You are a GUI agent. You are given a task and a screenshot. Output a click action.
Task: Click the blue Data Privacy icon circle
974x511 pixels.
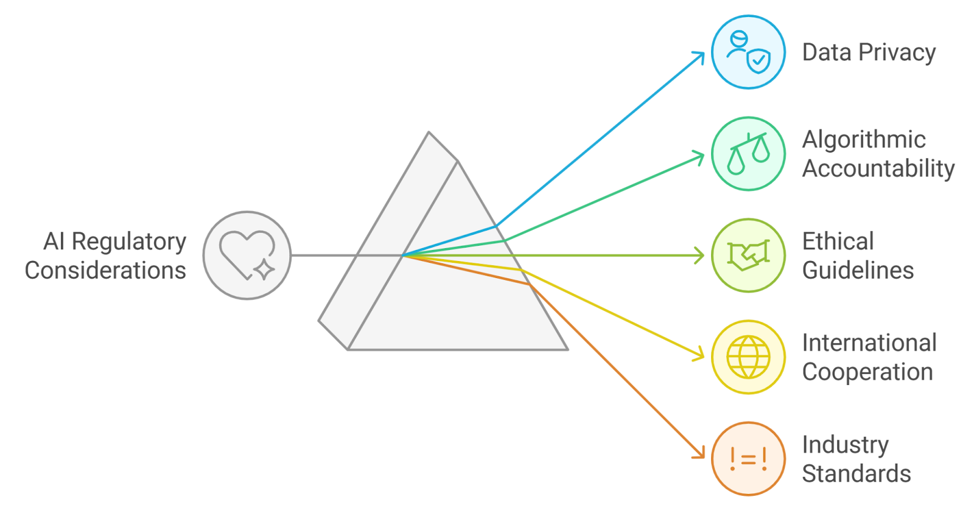tap(748, 52)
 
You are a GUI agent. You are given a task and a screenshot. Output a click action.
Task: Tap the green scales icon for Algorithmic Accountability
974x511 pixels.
tap(748, 154)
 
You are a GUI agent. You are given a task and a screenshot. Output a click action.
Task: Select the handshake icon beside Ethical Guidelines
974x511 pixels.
tap(748, 255)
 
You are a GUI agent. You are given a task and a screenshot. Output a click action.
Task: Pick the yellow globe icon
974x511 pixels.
tap(748, 357)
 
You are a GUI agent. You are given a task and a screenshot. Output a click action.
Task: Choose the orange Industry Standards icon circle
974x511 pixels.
tap(748, 459)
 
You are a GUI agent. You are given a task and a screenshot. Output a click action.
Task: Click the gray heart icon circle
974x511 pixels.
tap(247, 255)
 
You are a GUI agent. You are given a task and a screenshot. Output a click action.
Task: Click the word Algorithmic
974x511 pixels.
tap(864, 140)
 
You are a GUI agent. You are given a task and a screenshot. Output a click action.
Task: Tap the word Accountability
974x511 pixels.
tap(878, 169)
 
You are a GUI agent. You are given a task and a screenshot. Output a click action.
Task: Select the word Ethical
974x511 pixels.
tap(838, 242)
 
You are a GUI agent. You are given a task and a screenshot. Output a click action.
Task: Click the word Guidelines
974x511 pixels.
tap(858, 270)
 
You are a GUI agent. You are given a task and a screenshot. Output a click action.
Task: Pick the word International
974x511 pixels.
tap(869, 343)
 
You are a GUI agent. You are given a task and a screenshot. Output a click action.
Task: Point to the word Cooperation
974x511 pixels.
tap(867, 372)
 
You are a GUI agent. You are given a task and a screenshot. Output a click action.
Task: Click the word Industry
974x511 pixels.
tap(846, 445)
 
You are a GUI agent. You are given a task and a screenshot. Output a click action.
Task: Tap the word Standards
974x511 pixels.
tap(857, 474)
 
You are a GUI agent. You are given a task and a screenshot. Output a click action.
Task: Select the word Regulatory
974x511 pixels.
tap(129, 242)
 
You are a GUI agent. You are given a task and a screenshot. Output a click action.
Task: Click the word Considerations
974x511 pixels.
tap(105, 270)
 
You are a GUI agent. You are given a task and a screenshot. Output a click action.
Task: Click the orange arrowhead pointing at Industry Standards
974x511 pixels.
tap(700, 454)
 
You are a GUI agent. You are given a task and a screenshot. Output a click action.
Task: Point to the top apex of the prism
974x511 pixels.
tap(429, 132)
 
